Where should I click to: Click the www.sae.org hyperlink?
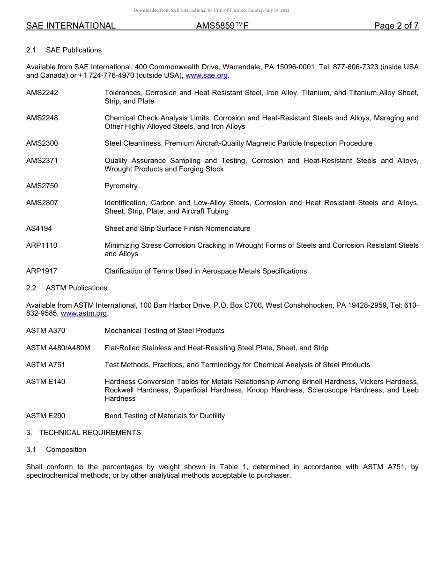207,75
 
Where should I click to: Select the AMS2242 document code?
42,93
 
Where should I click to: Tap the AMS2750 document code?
42,186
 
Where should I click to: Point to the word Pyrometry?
121,186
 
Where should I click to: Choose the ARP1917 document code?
42,271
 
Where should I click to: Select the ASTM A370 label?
46,331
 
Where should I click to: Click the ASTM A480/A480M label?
58,348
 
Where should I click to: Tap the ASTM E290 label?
46,416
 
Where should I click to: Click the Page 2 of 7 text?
396,26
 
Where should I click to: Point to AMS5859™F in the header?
222,26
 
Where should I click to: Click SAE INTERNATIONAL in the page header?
71,26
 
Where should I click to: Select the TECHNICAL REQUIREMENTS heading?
90,433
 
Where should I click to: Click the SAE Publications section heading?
74,50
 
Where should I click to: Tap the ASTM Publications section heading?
76,288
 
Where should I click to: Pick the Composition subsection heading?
66,450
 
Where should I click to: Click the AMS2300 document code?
42,143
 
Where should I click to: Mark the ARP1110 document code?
42,245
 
